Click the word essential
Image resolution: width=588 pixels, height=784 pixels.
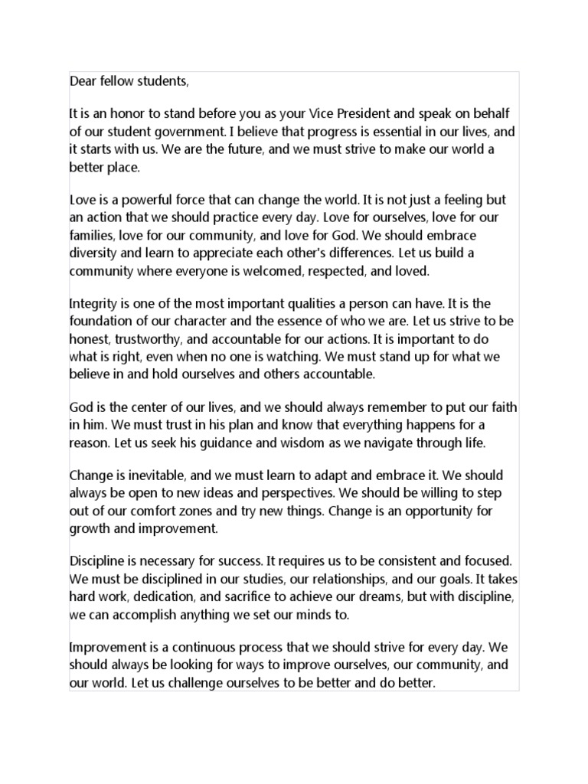[391, 132]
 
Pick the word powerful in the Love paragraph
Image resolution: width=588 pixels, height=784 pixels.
[139, 200]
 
